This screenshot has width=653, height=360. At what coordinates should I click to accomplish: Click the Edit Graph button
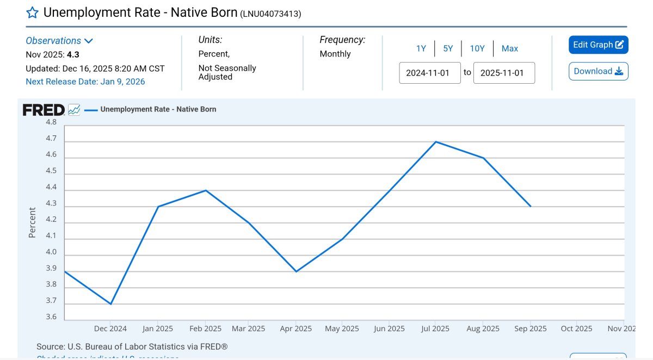[x=598, y=45]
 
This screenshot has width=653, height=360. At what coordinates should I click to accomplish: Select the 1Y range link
[x=421, y=48]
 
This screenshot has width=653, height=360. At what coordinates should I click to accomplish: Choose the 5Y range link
[x=448, y=48]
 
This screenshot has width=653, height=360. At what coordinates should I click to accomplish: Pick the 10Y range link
[x=477, y=48]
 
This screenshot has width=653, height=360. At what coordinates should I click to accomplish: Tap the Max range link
[x=510, y=48]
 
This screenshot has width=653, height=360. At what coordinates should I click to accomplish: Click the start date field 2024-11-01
[x=430, y=73]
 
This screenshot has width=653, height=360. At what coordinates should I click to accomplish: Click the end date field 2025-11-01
[x=504, y=73]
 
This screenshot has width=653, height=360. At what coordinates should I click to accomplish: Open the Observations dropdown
[x=59, y=41]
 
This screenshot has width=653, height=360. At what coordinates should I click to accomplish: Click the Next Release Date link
[x=85, y=82]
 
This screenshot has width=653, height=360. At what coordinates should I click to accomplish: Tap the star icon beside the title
[x=32, y=13]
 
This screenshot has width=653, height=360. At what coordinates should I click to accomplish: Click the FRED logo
[x=44, y=110]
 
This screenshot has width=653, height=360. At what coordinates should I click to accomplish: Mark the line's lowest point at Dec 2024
[x=111, y=304]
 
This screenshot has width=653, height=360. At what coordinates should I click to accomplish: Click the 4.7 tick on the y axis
[x=51, y=139]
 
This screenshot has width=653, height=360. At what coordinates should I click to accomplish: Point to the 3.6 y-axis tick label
[x=51, y=316]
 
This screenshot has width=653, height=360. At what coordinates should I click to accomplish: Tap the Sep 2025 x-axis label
[x=530, y=328]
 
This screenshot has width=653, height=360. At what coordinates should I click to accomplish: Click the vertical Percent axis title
[x=32, y=222]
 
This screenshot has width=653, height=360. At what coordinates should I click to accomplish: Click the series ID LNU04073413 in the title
[x=270, y=14]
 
